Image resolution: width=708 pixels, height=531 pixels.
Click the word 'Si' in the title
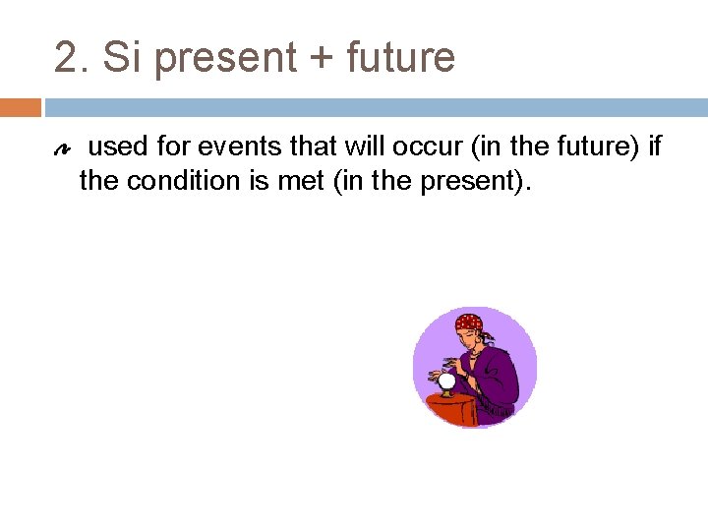pyautogui.click(x=122, y=57)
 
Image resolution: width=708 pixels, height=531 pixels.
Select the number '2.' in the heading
pyautogui.click(x=72, y=57)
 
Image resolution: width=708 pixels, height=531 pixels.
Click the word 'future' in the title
pyautogui.click(x=400, y=57)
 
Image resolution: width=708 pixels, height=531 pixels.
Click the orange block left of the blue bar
pyautogui.click(x=21, y=106)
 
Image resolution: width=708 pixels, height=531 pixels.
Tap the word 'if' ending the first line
pyautogui.click(x=655, y=148)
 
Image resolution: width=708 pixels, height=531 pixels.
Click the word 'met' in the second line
pyautogui.click(x=303, y=181)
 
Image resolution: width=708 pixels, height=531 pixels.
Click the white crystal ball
pyautogui.click(x=446, y=381)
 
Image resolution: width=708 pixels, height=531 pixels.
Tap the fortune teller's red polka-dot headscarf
pyautogui.click(x=469, y=324)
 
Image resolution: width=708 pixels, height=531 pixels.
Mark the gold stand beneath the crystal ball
pyautogui.click(x=446, y=393)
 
